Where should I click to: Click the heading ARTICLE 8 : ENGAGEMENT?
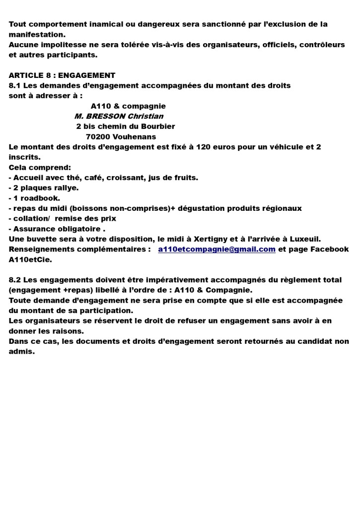click(x=62, y=75)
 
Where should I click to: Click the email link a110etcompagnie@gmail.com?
click(x=216, y=250)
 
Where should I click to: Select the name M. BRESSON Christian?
click(x=119, y=116)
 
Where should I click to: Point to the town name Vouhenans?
click(x=134, y=137)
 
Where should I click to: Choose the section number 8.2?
click(x=15, y=280)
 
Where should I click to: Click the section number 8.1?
click(x=15, y=85)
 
